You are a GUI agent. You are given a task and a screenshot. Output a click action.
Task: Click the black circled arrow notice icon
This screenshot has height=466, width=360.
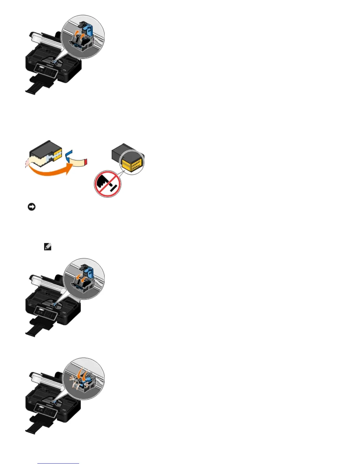(31, 207)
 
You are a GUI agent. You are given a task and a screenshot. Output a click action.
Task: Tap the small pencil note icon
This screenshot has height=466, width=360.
(48, 247)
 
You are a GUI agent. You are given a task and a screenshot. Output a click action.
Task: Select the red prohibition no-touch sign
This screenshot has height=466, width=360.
(107, 184)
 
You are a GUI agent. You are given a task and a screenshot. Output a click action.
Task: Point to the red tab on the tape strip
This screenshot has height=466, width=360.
(86, 161)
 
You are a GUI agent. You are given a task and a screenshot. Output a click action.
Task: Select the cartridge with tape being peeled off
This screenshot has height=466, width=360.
(46, 154)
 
